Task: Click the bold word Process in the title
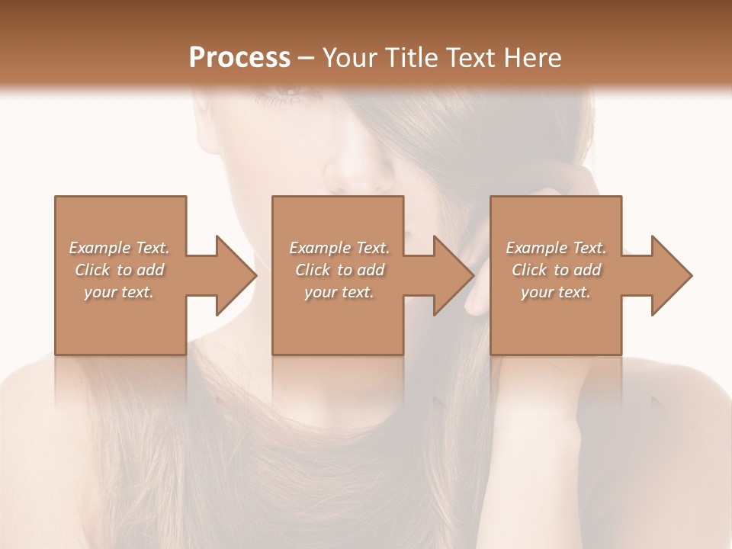click(x=239, y=58)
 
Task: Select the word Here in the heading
click(x=531, y=58)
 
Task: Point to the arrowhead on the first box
click(x=236, y=275)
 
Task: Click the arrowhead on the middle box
click(x=454, y=275)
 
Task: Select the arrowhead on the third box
click(x=672, y=275)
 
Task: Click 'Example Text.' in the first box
click(x=119, y=248)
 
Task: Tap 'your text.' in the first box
click(x=119, y=292)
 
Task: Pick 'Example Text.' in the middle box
click(x=339, y=248)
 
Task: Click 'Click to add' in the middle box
click(x=339, y=270)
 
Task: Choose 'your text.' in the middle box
click(x=339, y=292)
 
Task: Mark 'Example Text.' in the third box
click(x=556, y=248)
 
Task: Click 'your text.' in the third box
click(x=556, y=292)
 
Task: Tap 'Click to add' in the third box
click(x=556, y=270)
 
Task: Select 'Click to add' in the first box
click(x=119, y=270)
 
